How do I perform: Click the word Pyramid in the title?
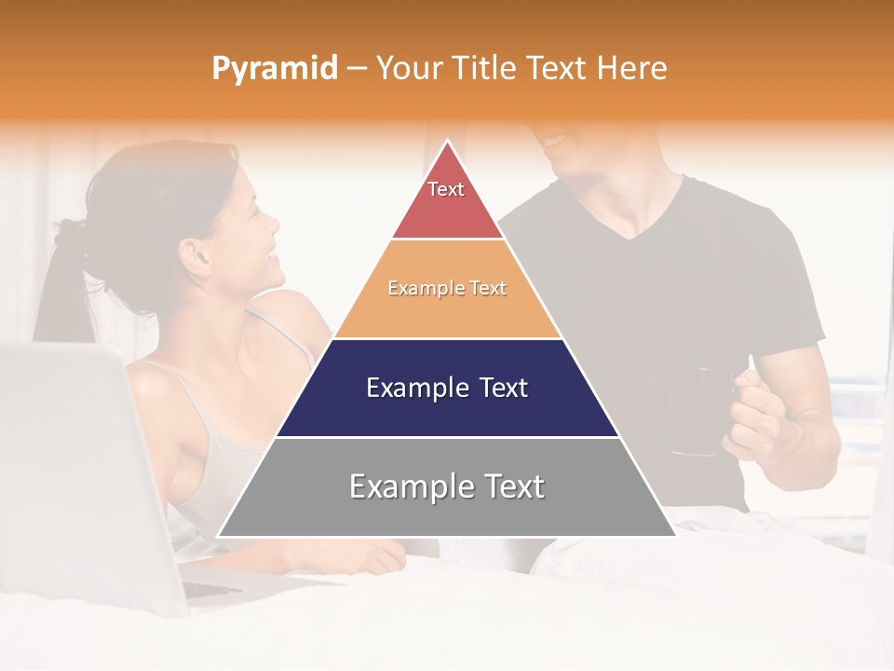pyautogui.click(x=274, y=69)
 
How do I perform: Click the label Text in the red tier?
pyautogui.click(x=446, y=189)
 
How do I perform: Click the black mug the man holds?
pyautogui.click(x=694, y=410)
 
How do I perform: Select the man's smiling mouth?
pyautogui.click(x=557, y=143)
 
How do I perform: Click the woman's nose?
pyautogui.click(x=274, y=224)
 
